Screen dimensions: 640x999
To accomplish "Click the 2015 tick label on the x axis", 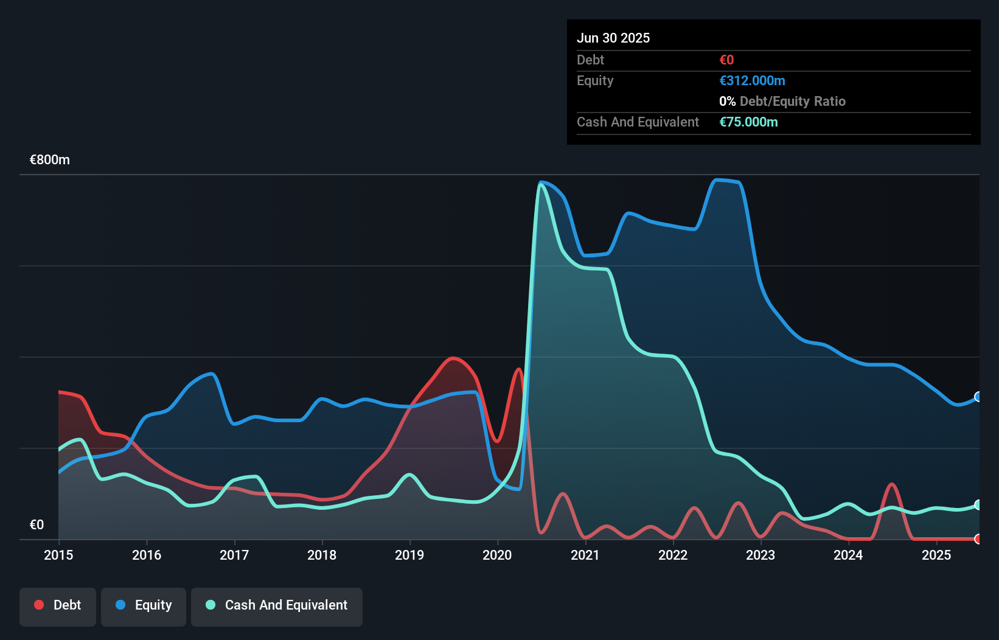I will pyautogui.click(x=58, y=555).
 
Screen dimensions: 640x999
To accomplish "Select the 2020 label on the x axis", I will pyautogui.click(x=497, y=555).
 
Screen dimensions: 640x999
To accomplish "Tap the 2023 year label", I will pyautogui.click(x=761, y=555).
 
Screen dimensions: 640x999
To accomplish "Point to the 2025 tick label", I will pyautogui.click(x=936, y=555).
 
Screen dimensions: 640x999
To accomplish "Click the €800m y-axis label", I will pyautogui.click(x=50, y=160).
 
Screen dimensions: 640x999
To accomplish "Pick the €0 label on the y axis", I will pyautogui.click(x=37, y=524).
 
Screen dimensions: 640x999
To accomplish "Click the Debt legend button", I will pyautogui.click(x=58, y=605).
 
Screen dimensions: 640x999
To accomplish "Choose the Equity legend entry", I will pyautogui.click(x=144, y=605).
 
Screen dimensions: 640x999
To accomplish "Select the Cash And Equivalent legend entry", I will pyautogui.click(x=277, y=605).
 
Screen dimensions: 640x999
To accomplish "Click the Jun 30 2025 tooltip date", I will pyautogui.click(x=613, y=38).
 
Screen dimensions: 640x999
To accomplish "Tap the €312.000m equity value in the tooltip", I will pyautogui.click(x=752, y=81).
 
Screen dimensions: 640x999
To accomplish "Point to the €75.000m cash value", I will pyautogui.click(x=748, y=122).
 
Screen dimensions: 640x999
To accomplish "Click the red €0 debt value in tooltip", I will pyautogui.click(x=726, y=60).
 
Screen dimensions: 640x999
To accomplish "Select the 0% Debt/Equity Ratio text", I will pyautogui.click(x=782, y=102).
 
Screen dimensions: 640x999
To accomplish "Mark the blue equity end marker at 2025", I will pyautogui.click(x=978, y=397).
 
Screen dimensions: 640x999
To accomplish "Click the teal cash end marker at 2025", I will pyautogui.click(x=978, y=505).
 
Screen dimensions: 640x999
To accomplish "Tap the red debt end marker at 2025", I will pyautogui.click(x=978, y=539).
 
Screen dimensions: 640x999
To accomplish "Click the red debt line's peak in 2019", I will pyautogui.click(x=453, y=358).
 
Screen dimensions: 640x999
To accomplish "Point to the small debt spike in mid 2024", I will pyautogui.click(x=891, y=485).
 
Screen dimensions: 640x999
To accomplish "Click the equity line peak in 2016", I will pyautogui.click(x=211, y=374).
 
